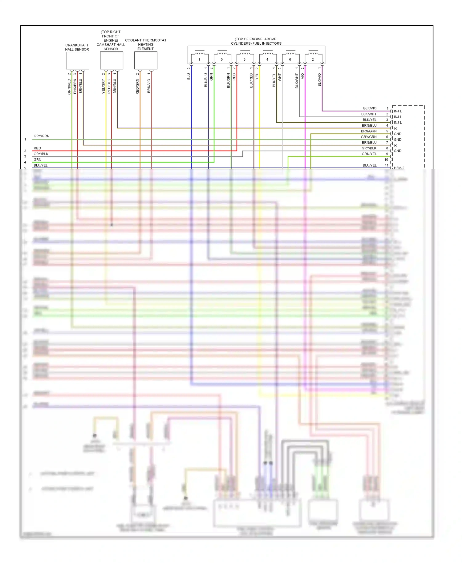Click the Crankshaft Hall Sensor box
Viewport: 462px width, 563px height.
point(77,60)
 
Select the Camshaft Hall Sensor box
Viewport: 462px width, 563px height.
point(111,60)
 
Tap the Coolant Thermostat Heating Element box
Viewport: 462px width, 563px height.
point(146,60)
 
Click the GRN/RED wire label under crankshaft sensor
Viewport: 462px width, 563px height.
point(69,87)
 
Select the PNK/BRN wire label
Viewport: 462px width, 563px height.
point(75,86)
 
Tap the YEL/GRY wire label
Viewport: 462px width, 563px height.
point(103,87)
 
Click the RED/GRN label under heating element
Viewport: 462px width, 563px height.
point(138,87)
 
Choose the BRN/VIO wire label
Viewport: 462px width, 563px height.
point(149,86)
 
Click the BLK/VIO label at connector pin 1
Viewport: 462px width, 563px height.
point(370,108)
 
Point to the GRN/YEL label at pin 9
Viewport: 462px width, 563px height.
point(369,154)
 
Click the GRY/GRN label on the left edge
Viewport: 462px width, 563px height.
point(42,136)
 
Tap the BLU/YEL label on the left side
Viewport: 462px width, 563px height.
point(41,165)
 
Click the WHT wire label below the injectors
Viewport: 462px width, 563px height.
point(280,77)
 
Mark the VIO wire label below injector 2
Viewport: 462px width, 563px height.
point(303,76)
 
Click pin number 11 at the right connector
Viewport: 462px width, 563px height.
point(387,165)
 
